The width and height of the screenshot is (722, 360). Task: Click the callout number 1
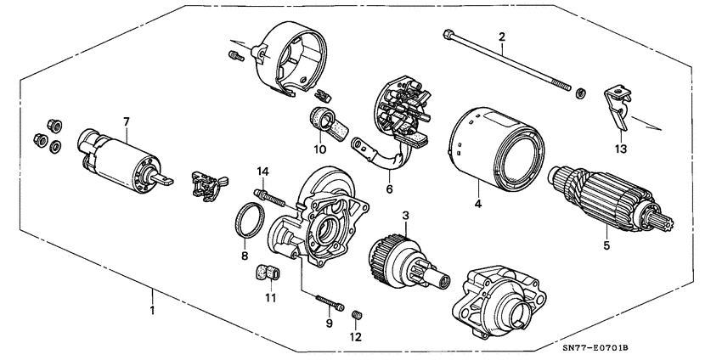153,310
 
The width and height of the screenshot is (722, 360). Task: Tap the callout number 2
501,37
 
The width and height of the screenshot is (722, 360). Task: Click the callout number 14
263,173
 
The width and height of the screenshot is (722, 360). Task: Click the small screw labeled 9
330,301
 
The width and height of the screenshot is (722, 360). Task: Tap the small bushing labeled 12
358,316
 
